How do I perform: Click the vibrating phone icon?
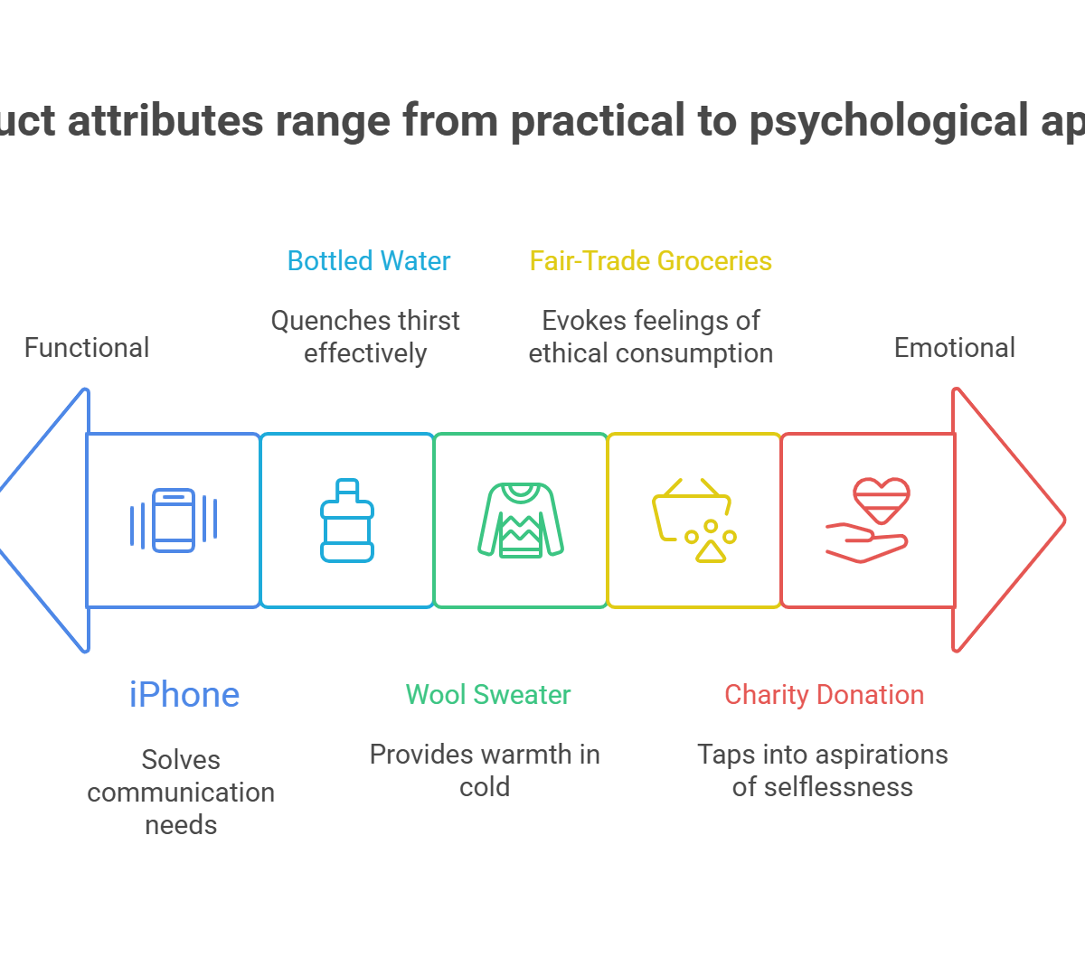(x=174, y=520)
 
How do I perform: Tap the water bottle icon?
(x=347, y=521)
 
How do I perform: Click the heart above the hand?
(x=881, y=500)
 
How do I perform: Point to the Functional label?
(x=87, y=348)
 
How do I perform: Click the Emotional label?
(x=954, y=348)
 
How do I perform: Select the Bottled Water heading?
(x=369, y=261)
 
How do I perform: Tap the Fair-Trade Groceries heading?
(x=651, y=261)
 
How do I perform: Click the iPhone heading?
(x=184, y=695)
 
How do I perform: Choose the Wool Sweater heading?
(x=488, y=695)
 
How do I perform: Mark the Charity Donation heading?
(x=825, y=695)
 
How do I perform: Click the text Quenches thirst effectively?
(x=365, y=337)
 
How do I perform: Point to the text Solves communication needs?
(x=181, y=792)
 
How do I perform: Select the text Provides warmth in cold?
(x=485, y=770)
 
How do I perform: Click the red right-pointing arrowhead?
(x=1008, y=520)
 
